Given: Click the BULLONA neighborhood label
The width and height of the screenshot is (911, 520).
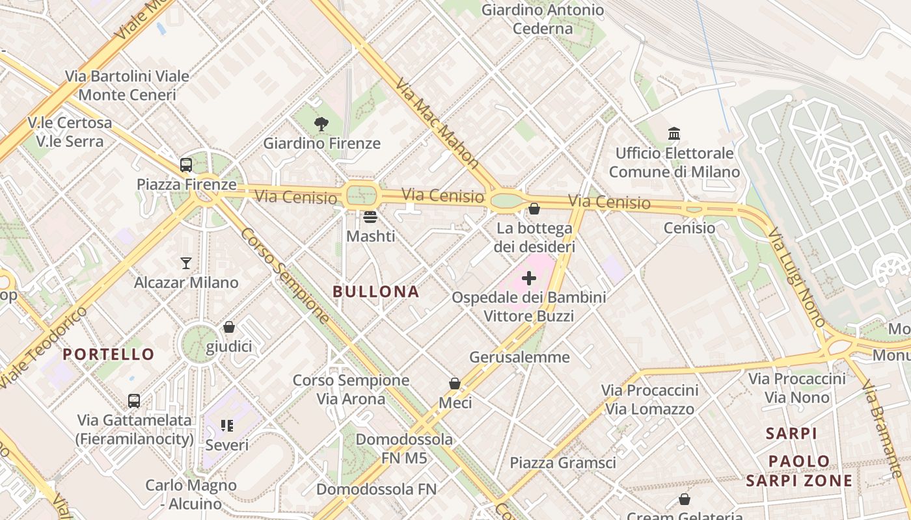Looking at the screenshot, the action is pos(376,292).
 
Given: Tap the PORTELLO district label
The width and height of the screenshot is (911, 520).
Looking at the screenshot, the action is pos(109,354).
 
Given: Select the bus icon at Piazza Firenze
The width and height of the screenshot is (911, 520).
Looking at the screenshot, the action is pos(186,165).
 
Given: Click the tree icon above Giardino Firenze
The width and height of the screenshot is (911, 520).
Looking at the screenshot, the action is pos(321,124).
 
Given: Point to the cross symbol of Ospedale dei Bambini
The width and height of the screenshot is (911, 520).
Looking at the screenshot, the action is pos(529,278).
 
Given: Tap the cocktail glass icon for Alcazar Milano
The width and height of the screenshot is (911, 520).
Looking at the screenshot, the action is pos(186,263).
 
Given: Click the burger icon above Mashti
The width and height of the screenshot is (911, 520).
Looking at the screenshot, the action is pos(370,217).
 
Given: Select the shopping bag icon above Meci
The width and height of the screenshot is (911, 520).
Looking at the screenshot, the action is pos(455,384).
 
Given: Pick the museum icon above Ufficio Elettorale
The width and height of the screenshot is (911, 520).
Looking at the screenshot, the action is pos(674,134).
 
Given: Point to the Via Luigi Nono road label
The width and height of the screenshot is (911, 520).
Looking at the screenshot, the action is pos(796,277).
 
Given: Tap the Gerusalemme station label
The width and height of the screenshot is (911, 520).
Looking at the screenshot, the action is pos(519,357).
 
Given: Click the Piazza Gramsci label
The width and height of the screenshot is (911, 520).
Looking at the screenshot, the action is pos(562,463).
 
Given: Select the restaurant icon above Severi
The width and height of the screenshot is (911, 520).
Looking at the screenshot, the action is pos(227,426).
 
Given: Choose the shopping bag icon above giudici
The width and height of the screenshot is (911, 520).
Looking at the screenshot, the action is pos(229,327).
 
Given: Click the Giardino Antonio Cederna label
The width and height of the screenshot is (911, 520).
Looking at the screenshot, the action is pos(542,19).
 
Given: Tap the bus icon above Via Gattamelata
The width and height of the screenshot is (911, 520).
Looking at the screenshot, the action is pos(134,400).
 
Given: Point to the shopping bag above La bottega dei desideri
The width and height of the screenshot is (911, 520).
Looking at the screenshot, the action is pos(534,209).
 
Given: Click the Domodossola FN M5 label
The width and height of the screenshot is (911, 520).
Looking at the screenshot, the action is pos(404,448).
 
